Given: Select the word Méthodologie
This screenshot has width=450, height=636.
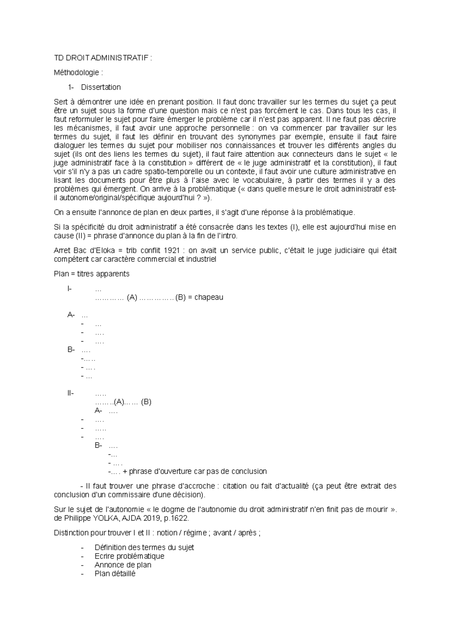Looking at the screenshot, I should coord(76,72).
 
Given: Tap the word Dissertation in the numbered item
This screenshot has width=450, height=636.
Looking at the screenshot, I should coord(101,87).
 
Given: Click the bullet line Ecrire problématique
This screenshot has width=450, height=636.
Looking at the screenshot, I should coord(129,556).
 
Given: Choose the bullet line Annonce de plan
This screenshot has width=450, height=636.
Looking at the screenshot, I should coord(123,565).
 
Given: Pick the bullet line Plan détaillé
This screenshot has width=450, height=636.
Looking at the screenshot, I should coord(115,573).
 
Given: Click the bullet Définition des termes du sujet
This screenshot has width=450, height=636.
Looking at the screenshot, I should coord(144,548).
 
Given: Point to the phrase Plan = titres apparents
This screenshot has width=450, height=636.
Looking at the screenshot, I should coord(91,274).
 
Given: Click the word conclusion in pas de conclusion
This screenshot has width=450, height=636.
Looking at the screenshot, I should coord(249,471).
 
